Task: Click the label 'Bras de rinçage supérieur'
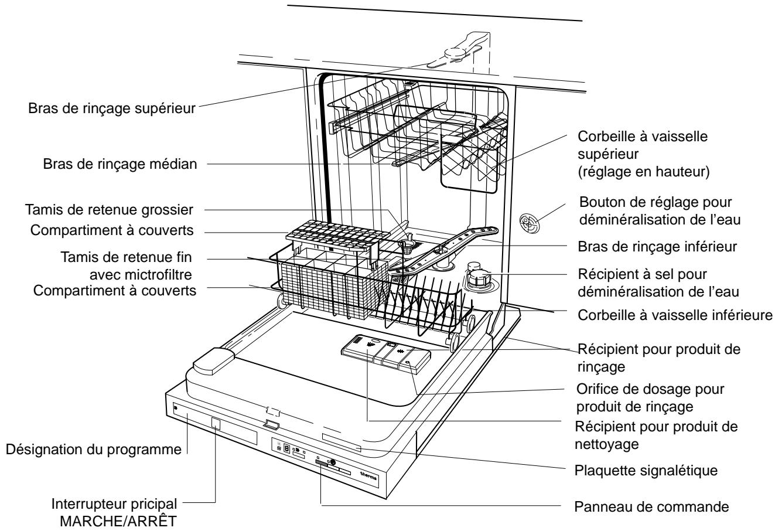[x=112, y=108]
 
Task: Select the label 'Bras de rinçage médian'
[x=120, y=164]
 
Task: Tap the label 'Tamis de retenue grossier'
[x=109, y=210]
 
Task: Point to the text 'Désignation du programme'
[x=93, y=450]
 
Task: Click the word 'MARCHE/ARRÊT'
[x=118, y=521]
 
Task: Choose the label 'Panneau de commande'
[x=651, y=507]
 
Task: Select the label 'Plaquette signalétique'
[x=646, y=471]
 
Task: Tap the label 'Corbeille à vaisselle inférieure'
[x=675, y=315]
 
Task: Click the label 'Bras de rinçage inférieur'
[x=657, y=247]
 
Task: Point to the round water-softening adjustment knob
[x=530, y=223]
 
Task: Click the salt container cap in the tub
[x=479, y=277]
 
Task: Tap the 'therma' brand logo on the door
[x=368, y=476]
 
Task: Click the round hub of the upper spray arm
[x=455, y=54]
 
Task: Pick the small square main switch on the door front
[x=216, y=424]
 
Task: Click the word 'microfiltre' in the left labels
[x=158, y=275]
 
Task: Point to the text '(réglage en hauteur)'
[x=644, y=172]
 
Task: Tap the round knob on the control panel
[x=333, y=462]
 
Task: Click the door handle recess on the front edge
[x=271, y=424]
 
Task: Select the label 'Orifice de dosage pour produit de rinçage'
[x=650, y=398]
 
